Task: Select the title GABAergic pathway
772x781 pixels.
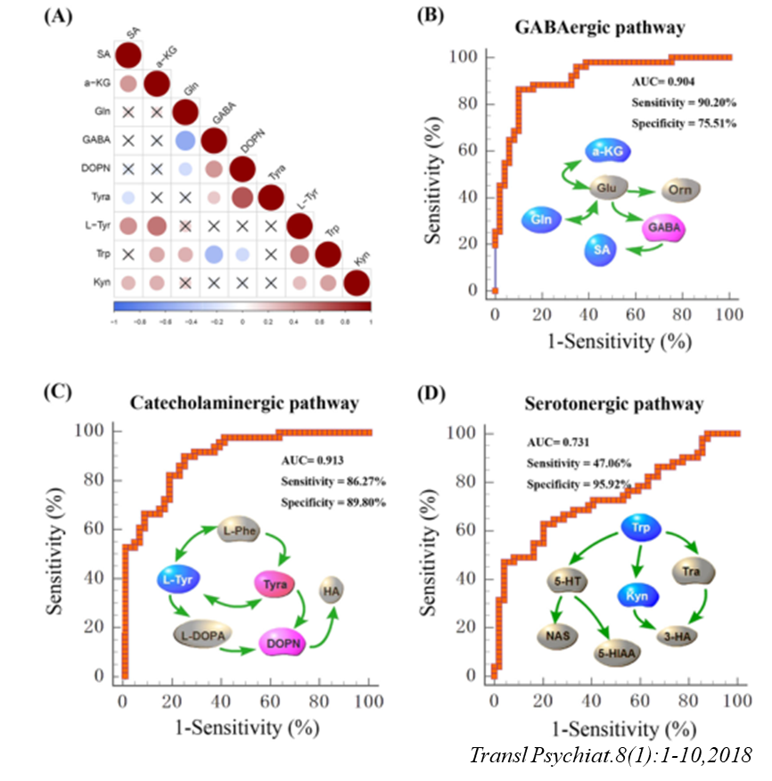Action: click(600, 28)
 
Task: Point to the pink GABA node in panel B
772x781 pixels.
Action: click(669, 229)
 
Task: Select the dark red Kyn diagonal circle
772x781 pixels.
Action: click(356, 283)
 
